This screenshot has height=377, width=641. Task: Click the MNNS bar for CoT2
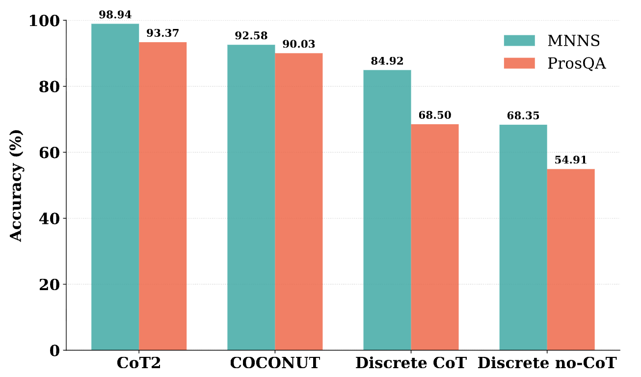[115, 187]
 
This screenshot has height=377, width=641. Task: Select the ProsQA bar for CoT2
[162, 196]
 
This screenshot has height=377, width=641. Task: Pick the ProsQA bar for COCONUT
[298, 201]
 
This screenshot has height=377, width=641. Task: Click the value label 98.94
[115, 15]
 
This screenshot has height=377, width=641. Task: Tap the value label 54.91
[570, 160]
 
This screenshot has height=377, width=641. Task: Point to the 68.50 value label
[434, 115]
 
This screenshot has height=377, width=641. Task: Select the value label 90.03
[298, 44]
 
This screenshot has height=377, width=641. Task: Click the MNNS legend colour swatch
[519, 40]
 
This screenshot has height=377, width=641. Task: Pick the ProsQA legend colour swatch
[519, 63]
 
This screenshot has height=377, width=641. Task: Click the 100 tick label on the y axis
[44, 21]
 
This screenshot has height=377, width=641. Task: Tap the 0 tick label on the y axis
[54, 350]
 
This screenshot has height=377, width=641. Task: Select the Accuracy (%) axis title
[16, 186]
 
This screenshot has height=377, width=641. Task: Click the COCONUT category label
[275, 363]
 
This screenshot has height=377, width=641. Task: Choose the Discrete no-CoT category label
[547, 363]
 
